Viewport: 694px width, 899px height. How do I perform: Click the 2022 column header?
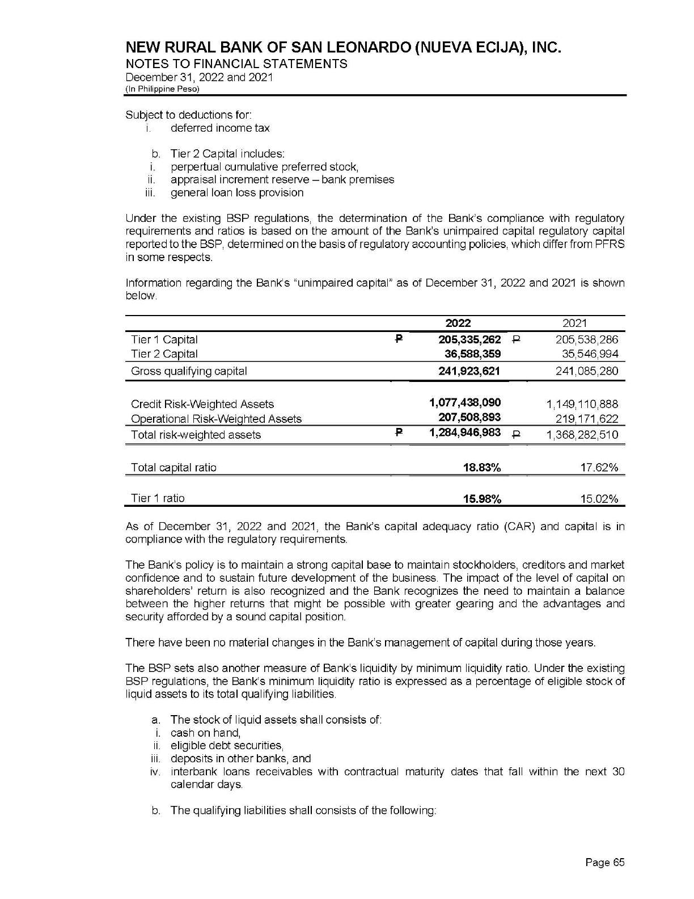pos(458,324)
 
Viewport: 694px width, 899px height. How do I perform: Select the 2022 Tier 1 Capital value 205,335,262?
pos(469,340)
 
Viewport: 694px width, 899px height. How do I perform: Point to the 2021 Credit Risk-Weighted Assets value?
pos(582,405)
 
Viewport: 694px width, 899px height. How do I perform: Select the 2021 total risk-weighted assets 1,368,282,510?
pos(582,435)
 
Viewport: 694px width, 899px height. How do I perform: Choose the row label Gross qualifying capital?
pos(189,371)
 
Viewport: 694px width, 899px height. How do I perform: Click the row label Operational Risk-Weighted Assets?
pos(216,419)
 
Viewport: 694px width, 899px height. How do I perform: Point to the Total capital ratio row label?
pos(173,468)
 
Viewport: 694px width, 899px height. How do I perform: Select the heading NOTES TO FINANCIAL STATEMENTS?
pos(236,64)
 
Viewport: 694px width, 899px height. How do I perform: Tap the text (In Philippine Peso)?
pos(163,89)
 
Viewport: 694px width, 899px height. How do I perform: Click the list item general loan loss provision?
pos(237,193)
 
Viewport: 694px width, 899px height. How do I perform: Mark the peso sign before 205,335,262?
pos(398,340)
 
